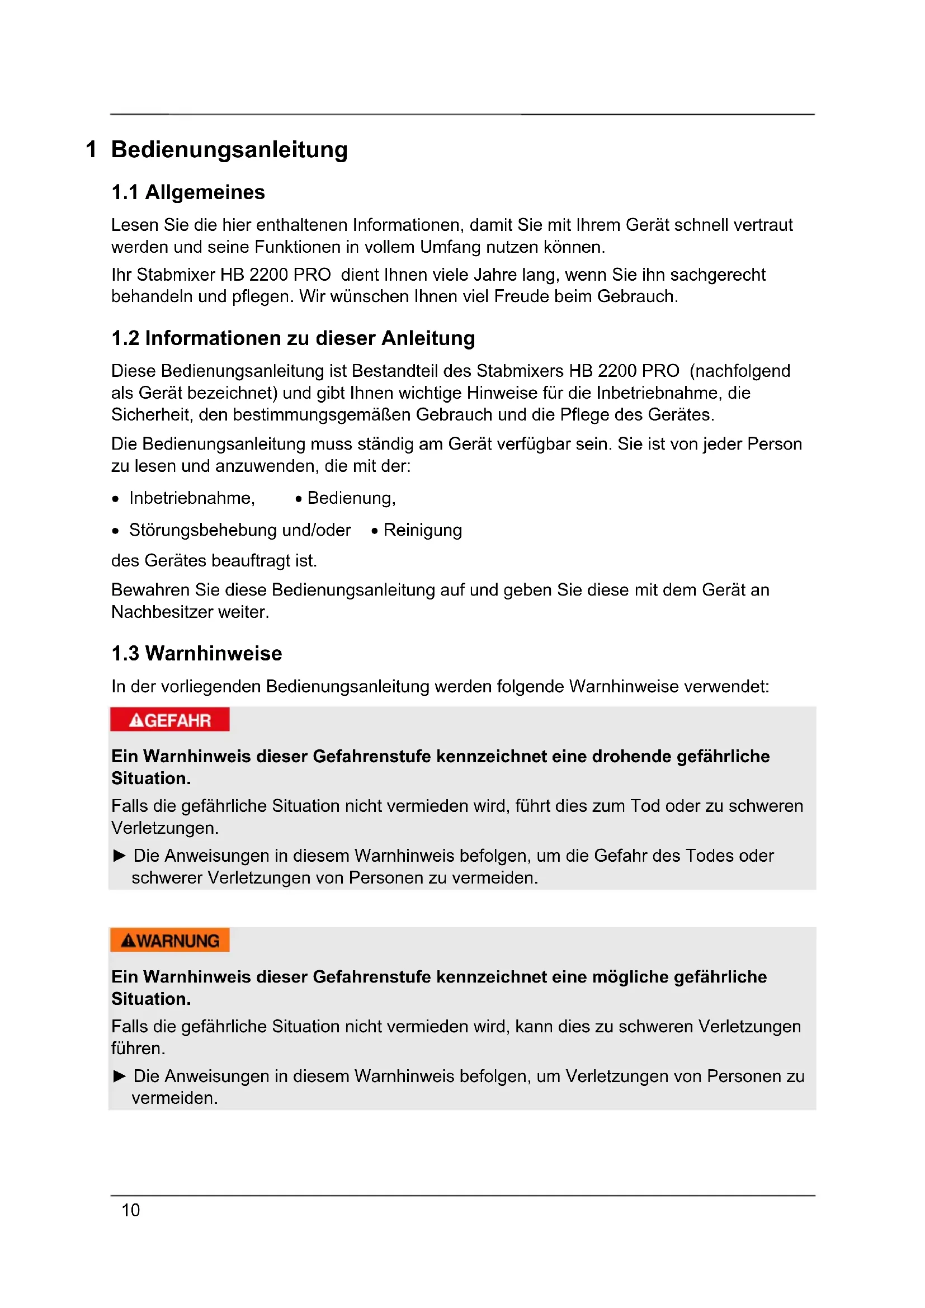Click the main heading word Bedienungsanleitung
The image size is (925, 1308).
[229, 149]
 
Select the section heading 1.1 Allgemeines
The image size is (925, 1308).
[188, 192]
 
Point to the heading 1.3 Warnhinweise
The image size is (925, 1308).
[196, 653]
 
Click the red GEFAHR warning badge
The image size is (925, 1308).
[170, 720]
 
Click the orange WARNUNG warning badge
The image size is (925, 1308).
[170, 941]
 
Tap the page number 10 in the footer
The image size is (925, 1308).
[130, 1210]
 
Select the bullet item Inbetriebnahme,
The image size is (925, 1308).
[192, 498]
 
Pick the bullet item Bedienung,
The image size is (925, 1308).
[351, 498]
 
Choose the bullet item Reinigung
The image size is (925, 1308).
[422, 530]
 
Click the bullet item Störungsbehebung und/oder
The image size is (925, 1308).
[240, 530]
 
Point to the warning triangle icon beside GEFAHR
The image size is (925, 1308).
[136, 721]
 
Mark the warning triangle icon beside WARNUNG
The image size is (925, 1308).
[128, 941]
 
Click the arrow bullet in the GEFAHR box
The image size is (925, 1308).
[120, 855]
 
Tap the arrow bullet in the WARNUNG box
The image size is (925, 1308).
[120, 1075]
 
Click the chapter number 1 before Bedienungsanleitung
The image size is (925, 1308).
[91, 149]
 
